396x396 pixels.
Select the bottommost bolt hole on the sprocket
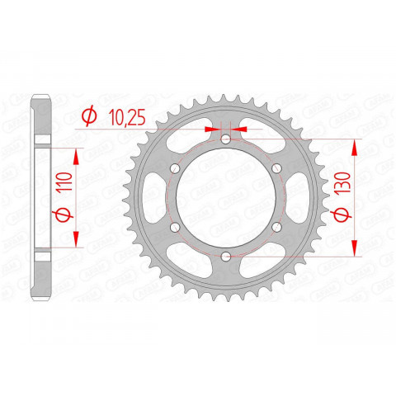tap(225, 258)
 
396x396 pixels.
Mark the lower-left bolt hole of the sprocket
tap(174, 229)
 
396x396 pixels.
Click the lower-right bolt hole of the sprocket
tap(276, 229)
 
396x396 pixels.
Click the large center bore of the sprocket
tap(225, 200)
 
